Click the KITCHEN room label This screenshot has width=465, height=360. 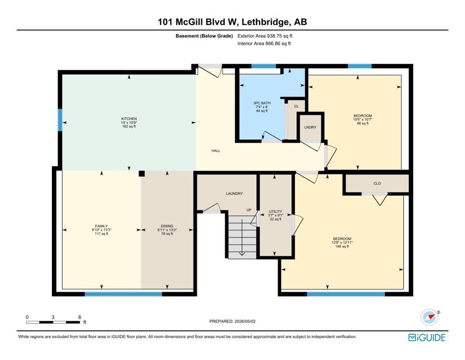tap(129, 119)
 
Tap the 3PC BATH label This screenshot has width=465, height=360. tap(262, 103)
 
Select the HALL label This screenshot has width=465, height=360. tap(216, 151)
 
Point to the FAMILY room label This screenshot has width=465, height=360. tap(102, 226)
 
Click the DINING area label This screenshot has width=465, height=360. tap(167, 226)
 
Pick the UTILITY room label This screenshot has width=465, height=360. tap(275, 211)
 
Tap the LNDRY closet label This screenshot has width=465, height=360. tap(310, 127)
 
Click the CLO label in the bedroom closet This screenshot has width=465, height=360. tap(377, 183)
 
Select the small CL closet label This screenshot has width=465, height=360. tap(296, 106)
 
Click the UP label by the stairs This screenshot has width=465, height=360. tap(249, 210)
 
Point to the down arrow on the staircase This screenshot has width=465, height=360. tap(242, 238)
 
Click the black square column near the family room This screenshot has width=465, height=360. tap(142, 173)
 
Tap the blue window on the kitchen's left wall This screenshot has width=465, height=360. tap(60, 120)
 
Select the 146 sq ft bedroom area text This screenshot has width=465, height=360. tap(342, 247)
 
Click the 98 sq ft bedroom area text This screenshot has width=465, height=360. tap(362, 123)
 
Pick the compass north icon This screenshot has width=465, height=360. tap(429, 317)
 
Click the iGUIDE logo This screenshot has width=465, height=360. tap(427, 338)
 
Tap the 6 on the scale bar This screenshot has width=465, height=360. tap(80, 317)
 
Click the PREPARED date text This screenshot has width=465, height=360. tap(232, 321)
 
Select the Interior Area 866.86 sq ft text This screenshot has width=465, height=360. tap(264, 44)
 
